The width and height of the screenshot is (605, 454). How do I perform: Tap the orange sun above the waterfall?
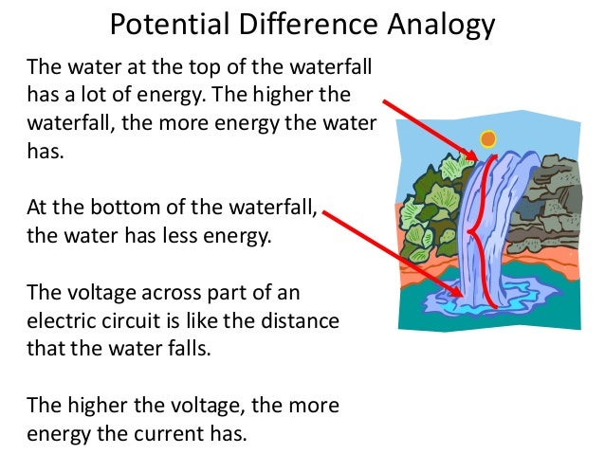[x=488, y=139]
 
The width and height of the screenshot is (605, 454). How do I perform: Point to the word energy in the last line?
[x=61, y=433]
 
